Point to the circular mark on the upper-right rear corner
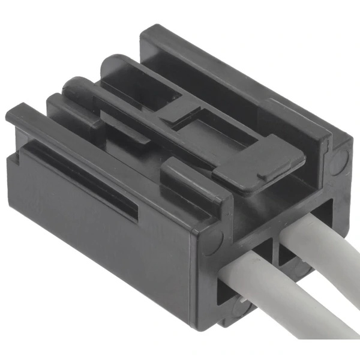click(340, 160)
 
